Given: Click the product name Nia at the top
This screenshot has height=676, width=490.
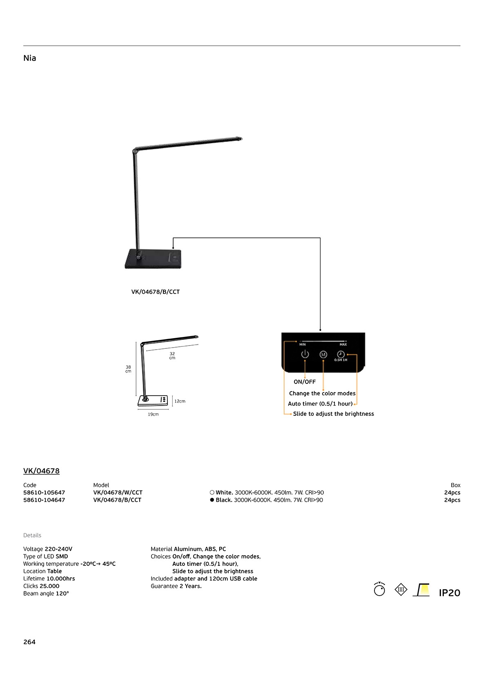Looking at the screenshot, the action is (30, 58).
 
